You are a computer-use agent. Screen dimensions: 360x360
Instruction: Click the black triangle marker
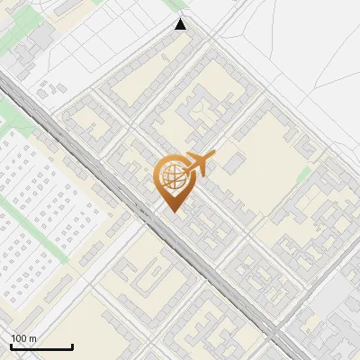tap(181, 24)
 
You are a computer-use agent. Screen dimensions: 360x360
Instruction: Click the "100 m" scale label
tap(23, 338)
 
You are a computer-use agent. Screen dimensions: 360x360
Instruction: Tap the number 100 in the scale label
tap(19, 338)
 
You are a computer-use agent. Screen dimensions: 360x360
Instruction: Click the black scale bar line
tap(40, 346)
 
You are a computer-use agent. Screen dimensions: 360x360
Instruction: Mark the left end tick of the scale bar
tap(10, 345)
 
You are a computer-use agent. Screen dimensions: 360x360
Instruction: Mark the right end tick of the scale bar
tap(72, 345)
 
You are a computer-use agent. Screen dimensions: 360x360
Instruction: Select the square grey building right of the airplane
tap(235, 162)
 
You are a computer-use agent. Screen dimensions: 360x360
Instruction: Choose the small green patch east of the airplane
tap(304, 173)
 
